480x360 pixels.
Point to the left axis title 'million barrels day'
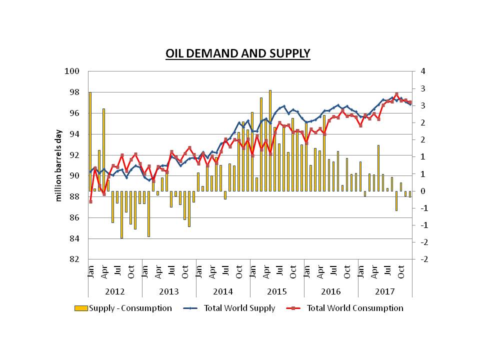(x=58, y=165)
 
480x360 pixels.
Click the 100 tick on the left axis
(x=72, y=71)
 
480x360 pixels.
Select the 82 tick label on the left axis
(x=74, y=259)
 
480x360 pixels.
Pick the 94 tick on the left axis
(x=74, y=134)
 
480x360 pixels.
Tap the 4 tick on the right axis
(x=423, y=71)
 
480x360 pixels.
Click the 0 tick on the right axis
(x=423, y=191)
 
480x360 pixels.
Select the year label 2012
(x=115, y=291)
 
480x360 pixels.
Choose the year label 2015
(x=276, y=291)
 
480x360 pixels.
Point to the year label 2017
(x=385, y=291)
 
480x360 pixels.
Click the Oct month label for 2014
(x=239, y=272)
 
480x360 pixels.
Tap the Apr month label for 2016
(x=320, y=272)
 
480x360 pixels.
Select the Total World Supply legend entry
(x=229, y=308)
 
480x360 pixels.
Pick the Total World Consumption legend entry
(x=344, y=308)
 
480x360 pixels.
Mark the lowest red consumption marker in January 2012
(x=90, y=201)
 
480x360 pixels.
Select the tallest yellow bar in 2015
(x=270, y=141)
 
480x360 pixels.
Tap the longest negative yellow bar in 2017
(x=396, y=201)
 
